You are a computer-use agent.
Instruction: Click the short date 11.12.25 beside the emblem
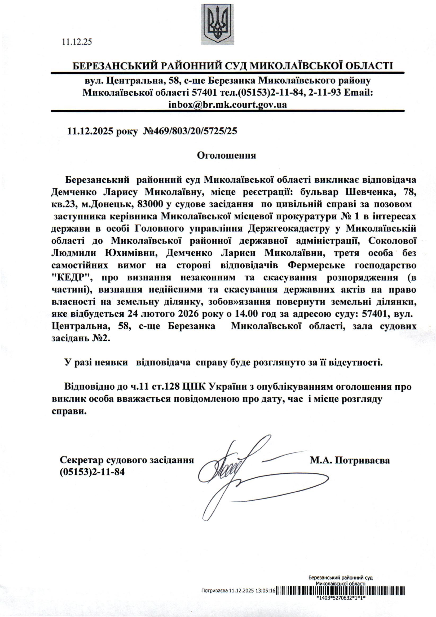coord(77,42)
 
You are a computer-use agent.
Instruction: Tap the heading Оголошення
coord(226,155)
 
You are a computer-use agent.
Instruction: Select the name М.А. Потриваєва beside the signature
coord(349,461)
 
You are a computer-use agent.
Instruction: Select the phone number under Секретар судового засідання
coord(92,472)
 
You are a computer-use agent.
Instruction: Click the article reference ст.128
coord(167,387)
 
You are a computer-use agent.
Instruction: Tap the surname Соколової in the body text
coord(392,241)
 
